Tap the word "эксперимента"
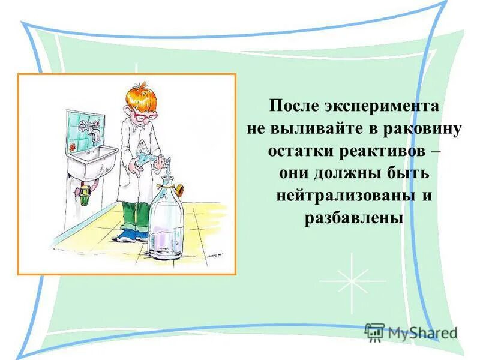tap(384, 107)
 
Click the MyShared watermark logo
tap(411, 332)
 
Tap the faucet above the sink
tap(92, 127)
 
